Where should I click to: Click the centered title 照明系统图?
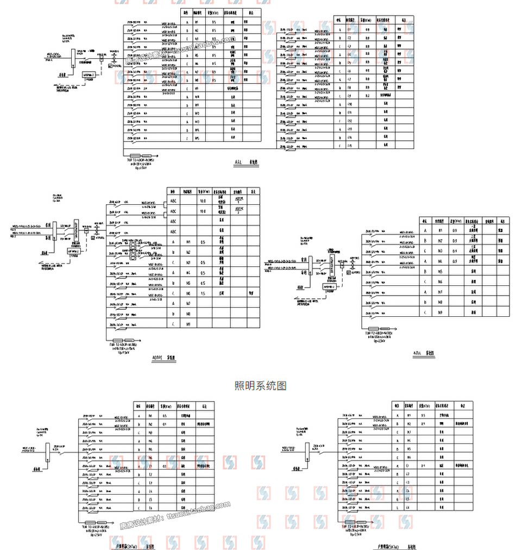(261, 386)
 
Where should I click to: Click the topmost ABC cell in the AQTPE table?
(173, 201)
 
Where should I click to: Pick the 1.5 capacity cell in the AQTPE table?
(203, 293)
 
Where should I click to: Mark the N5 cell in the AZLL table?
(441, 271)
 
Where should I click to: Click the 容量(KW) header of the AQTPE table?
(204, 192)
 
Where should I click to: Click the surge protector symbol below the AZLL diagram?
(378, 329)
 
